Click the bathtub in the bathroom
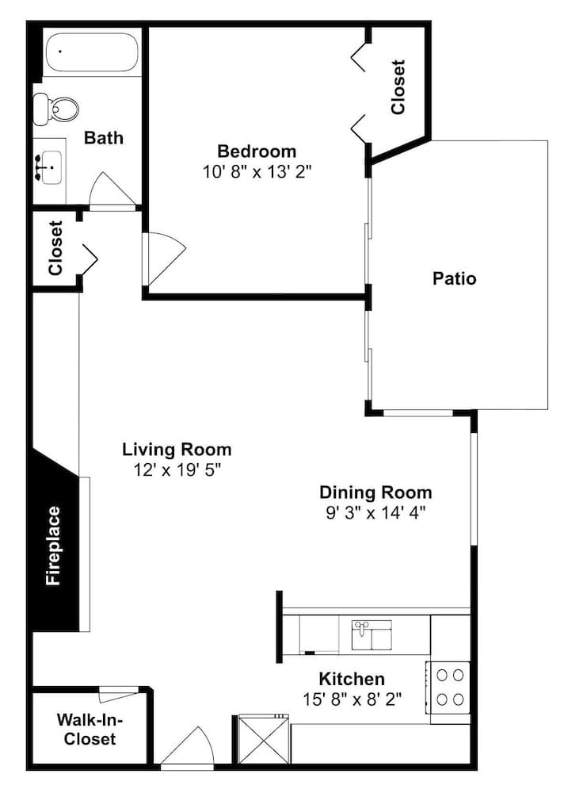coord(91,52)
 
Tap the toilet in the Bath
coord(55,108)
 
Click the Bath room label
coord(104,137)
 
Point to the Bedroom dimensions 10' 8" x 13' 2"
coord(257,172)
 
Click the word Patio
coord(455,278)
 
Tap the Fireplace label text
coord(53,546)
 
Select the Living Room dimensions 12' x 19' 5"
coord(177,470)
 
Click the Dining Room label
coord(375,492)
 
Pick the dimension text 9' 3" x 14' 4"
coord(375,513)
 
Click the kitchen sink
coord(372,635)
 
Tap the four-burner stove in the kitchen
coord(449,688)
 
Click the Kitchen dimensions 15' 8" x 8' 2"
coord(352,699)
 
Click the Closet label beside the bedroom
coord(398,87)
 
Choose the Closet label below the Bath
coord(55,248)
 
